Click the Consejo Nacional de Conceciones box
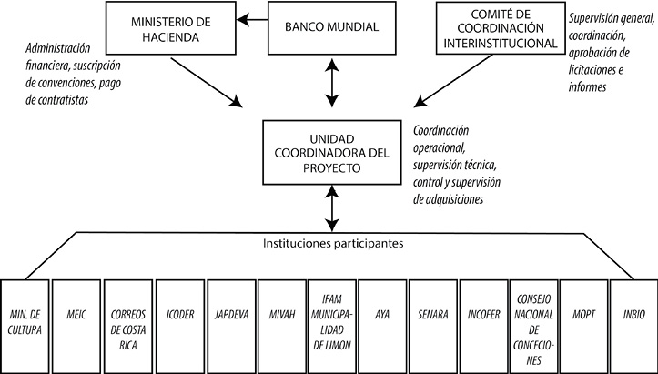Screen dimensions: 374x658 click(531, 320)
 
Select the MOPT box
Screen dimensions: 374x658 click(582, 320)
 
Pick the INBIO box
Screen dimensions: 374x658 click(633, 320)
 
